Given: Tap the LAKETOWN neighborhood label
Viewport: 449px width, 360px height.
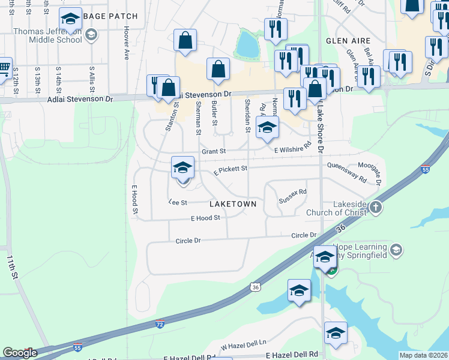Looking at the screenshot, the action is coord(233,204).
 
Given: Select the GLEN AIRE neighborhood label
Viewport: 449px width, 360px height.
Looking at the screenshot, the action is coord(345,41).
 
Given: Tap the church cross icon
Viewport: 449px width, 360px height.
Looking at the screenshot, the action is coord(376,208).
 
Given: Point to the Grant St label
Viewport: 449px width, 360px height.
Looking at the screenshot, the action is coord(213,152).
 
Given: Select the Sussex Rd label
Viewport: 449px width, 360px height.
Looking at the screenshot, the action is coord(293,193).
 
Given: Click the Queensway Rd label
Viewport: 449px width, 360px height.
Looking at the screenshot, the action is coord(346,173).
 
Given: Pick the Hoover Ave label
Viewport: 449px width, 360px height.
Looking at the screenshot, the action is coord(127,42).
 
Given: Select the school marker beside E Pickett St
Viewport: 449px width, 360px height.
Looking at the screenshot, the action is coord(183,167).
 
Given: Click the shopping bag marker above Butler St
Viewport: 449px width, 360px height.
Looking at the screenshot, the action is coord(218,69).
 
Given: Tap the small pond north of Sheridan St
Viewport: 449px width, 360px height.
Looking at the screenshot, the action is coord(247,43).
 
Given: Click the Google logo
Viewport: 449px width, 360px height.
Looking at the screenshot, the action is coord(20,353).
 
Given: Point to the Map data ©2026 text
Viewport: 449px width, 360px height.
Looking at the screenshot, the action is coord(423,355).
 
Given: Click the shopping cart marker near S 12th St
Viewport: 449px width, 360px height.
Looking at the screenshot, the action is coord(4,67).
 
